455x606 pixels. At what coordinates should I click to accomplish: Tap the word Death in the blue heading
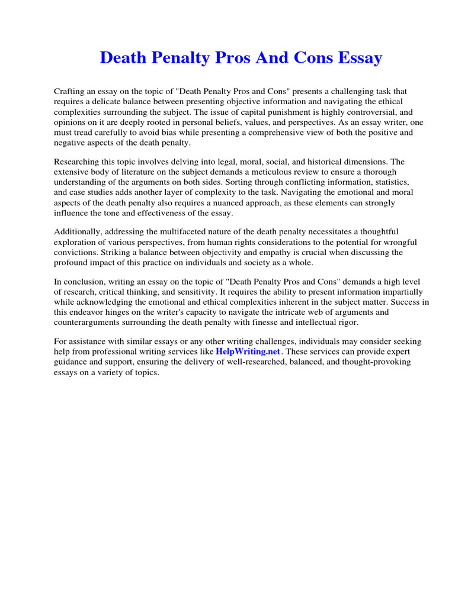tap(121, 58)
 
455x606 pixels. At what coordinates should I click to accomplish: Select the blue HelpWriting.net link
tap(247, 352)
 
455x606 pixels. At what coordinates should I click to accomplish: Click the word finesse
tap(268, 322)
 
